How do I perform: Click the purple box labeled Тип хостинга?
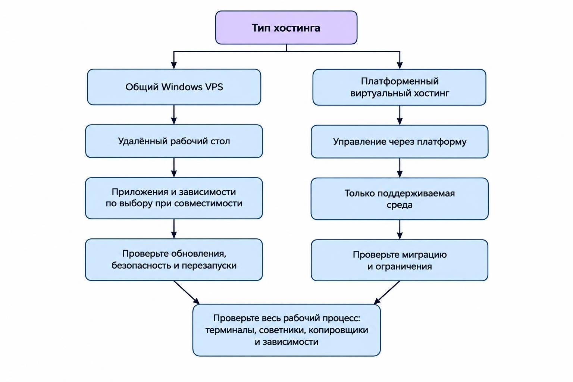pyautogui.click(x=286, y=27)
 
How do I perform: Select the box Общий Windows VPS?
pyautogui.click(x=174, y=87)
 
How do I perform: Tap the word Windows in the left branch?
pyautogui.click(x=182, y=87)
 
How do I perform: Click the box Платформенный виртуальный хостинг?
pyautogui.click(x=399, y=87)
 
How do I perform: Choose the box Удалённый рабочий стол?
pyautogui.click(x=174, y=141)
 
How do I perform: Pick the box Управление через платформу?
pyautogui.click(x=400, y=142)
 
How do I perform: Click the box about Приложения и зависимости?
pyautogui.click(x=174, y=198)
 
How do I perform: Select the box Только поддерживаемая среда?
pyautogui.click(x=400, y=199)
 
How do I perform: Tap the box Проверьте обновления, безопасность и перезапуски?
pyautogui.click(x=174, y=260)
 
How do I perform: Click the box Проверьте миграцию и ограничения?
pyautogui.click(x=400, y=260)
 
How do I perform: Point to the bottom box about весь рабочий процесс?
pyautogui.click(x=286, y=330)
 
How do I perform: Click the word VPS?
pyautogui.click(x=214, y=87)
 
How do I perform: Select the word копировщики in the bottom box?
pyautogui.click(x=338, y=330)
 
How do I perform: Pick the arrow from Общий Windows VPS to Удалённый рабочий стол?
pyautogui.click(x=174, y=115)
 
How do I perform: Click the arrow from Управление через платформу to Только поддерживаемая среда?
pyautogui.click(x=400, y=168)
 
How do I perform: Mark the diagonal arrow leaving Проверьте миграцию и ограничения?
pyautogui.click(x=386, y=292)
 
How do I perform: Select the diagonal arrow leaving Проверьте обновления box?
pyautogui.click(x=187, y=292)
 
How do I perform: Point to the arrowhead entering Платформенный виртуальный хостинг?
pyautogui.click(x=400, y=66)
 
